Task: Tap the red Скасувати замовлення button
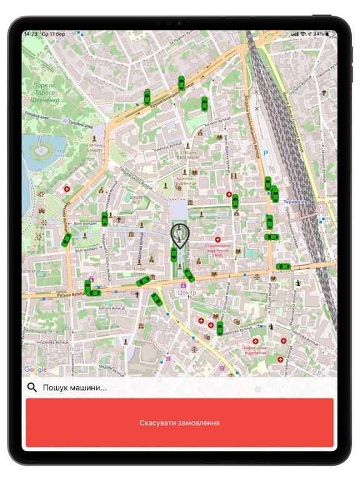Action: (x=179, y=423)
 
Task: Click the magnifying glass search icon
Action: (x=32, y=387)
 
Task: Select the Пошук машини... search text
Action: (x=74, y=388)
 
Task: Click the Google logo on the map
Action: (x=36, y=370)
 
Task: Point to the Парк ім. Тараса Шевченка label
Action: (x=46, y=92)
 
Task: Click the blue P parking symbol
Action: (x=265, y=153)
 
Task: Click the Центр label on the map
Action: (x=186, y=292)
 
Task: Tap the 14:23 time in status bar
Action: (x=31, y=33)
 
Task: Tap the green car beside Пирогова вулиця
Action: (x=220, y=328)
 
